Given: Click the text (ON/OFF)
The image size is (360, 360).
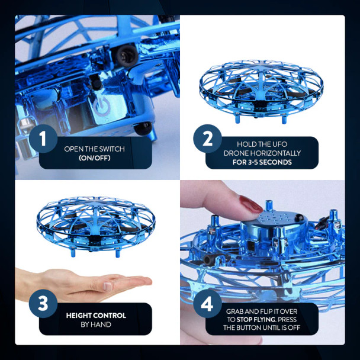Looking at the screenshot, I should click(x=95, y=158).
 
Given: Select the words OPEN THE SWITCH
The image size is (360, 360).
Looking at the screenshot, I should click(x=95, y=149).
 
